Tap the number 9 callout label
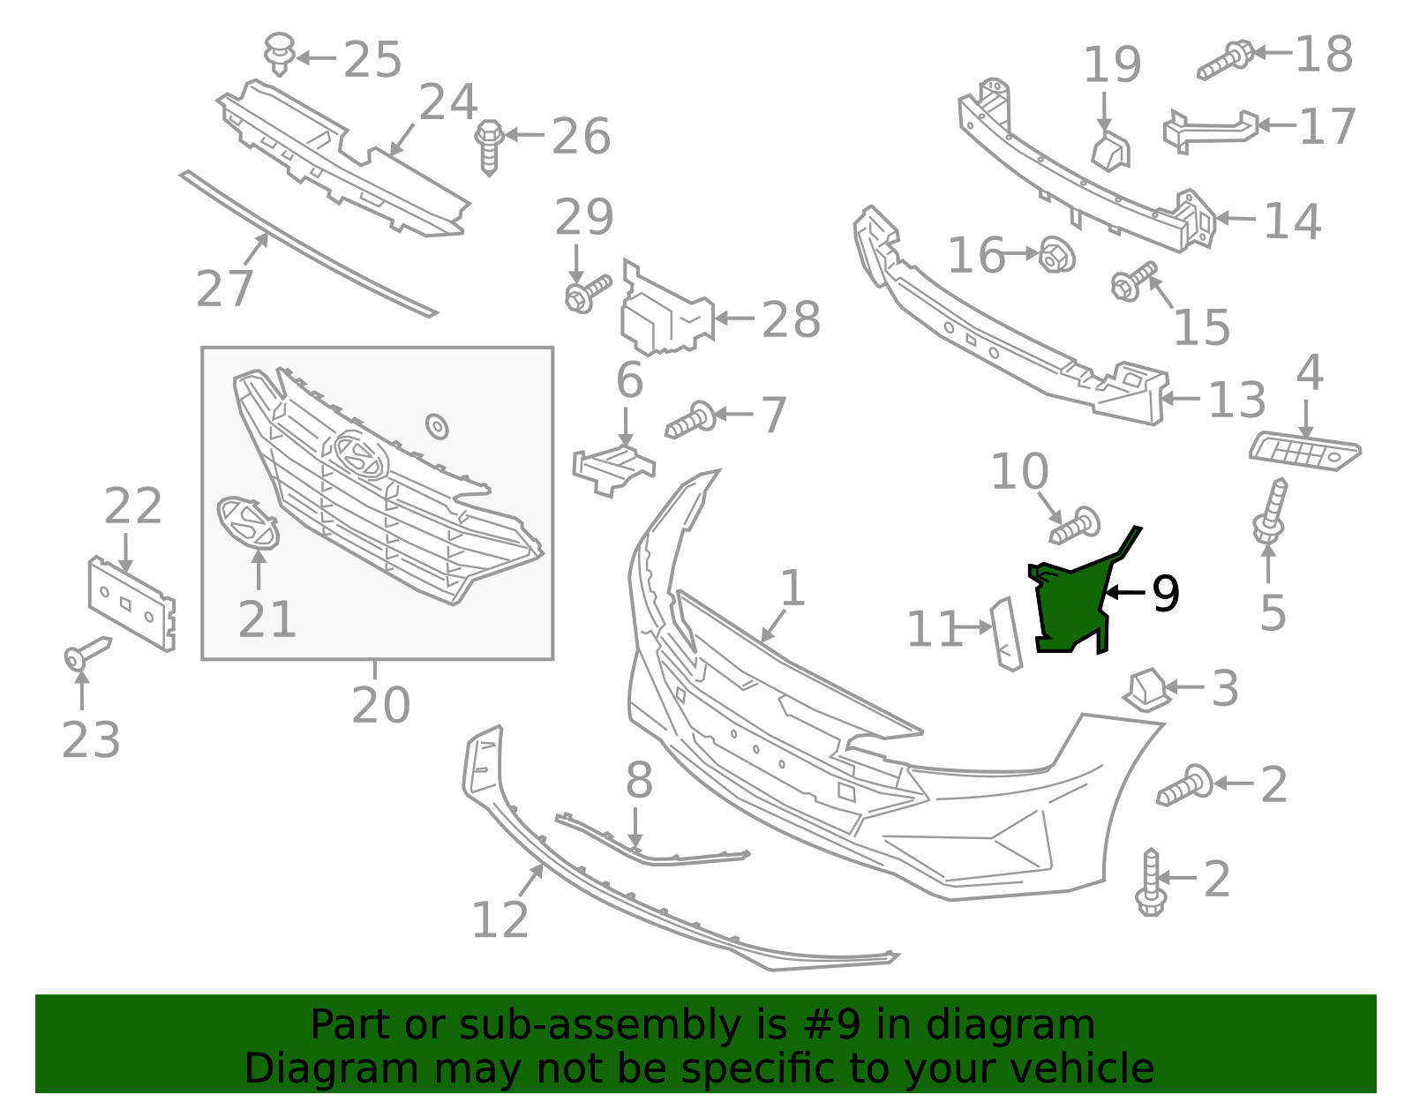click(x=1165, y=594)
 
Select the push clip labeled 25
click(x=280, y=53)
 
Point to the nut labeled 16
click(x=1055, y=255)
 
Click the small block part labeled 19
click(x=1110, y=150)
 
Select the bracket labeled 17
click(x=1209, y=129)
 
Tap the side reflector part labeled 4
click(x=1304, y=451)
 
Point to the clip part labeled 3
click(x=1147, y=689)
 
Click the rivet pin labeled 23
click(x=86, y=654)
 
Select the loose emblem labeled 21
click(x=247, y=521)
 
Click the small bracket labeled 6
click(x=612, y=468)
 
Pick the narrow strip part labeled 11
click(x=1006, y=633)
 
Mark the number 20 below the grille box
click(x=380, y=704)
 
